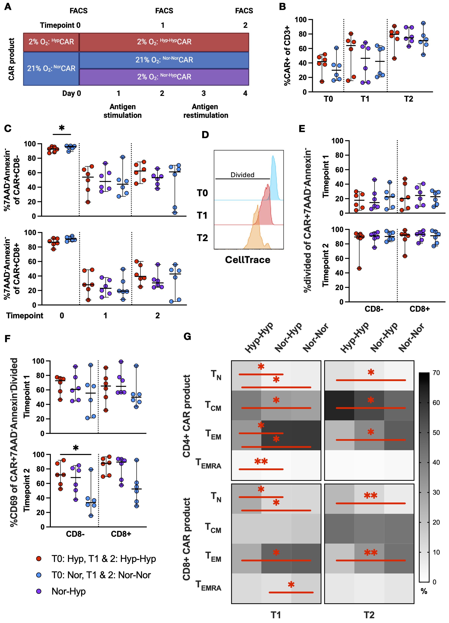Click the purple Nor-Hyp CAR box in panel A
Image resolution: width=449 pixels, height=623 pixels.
[164, 77]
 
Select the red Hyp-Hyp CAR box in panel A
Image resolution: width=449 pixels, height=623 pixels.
[164, 42]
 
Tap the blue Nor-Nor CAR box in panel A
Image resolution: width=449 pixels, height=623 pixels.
[164, 60]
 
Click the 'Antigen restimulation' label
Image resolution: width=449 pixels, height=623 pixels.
[206, 111]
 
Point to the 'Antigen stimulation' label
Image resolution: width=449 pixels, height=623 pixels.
[122, 111]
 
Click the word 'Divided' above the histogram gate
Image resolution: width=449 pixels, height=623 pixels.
[242, 175]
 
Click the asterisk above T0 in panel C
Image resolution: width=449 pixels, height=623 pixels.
[62, 128]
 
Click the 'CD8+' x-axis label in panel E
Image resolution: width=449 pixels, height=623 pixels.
[419, 309]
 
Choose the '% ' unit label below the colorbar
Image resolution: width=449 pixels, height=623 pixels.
[424, 591]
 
